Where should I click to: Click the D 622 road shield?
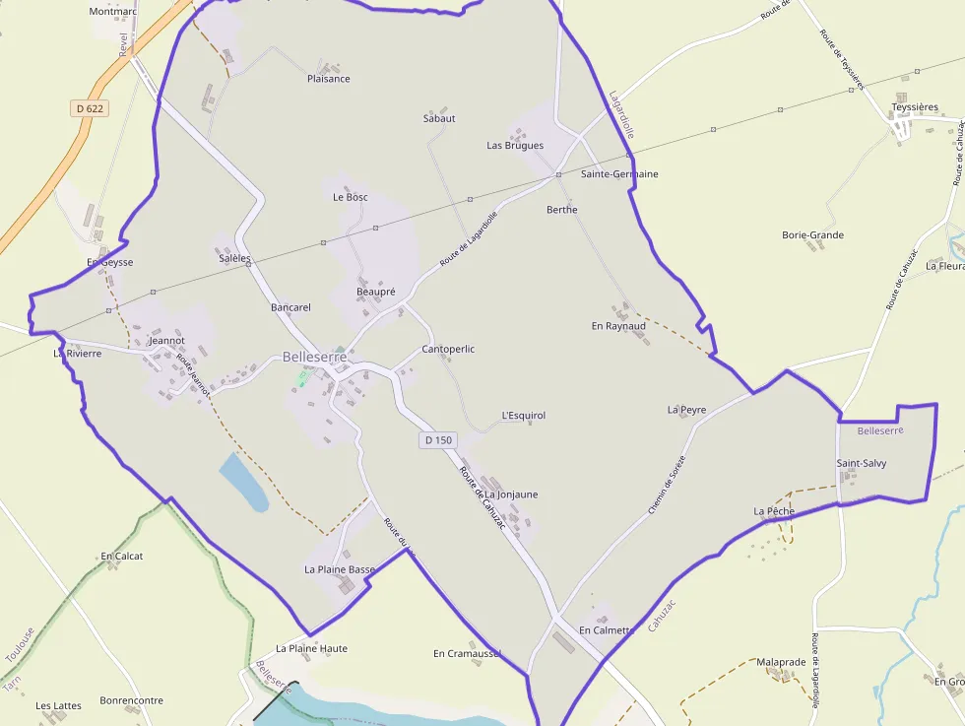coord(89,108)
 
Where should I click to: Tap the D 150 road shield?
coord(439,440)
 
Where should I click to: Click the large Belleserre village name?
coord(314,358)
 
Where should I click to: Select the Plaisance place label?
coord(328,79)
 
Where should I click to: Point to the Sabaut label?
coord(439,118)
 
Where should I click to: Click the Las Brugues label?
coord(515,146)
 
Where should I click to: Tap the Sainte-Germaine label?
coord(619,174)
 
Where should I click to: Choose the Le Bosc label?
coord(350,197)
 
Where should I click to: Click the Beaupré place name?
coord(375,293)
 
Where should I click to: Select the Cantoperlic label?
coord(448,350)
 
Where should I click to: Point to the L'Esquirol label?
coord(523,416)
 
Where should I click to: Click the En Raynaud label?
coord(618,326)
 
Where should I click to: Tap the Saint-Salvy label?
coord(862,463)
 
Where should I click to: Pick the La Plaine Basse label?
coord(340,569)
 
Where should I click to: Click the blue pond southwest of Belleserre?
coord(243,482)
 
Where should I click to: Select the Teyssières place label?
coord(915,107)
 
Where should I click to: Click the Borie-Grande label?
coord(812,235)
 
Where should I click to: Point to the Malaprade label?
coord(781,662)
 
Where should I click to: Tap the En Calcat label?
coord(122,556)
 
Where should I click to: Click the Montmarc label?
coord(112,12)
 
